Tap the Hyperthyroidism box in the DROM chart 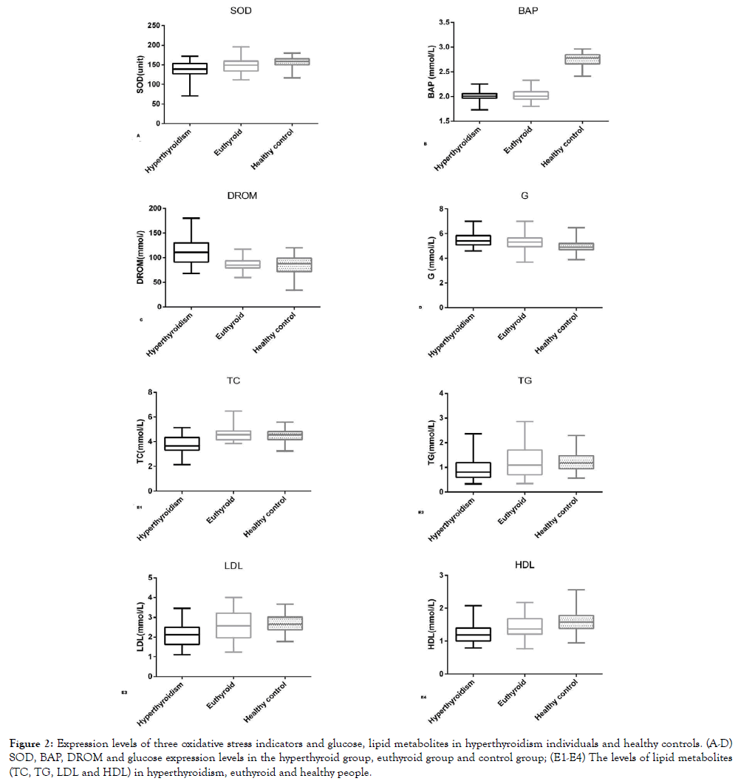click(x=191, y=252)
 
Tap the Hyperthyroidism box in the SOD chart click(x=191, y=68)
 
